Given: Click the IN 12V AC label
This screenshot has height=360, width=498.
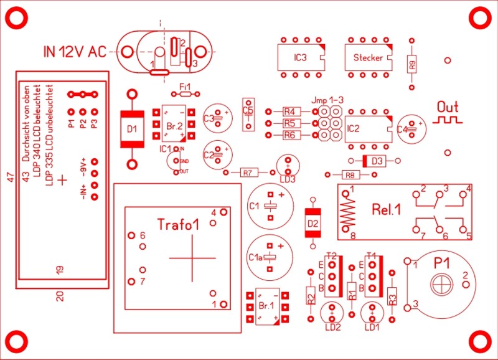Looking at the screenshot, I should point(74,52).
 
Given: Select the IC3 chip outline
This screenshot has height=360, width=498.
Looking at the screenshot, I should point(300,58).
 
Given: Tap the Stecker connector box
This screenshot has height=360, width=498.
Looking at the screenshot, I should point(368,58).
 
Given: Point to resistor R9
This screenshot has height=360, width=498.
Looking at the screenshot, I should point(411,63).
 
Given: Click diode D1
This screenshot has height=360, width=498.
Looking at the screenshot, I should point(131,130).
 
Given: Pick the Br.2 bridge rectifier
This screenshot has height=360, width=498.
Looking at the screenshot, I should point(174,125).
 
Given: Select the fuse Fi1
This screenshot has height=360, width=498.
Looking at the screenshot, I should point(184,94).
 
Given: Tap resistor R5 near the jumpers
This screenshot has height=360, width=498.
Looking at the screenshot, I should point(289,123).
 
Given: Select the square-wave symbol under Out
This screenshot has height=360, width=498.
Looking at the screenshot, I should point(448,118).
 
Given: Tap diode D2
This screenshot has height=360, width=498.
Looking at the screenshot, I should point(312,222).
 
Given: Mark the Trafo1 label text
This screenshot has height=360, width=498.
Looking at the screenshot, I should point(177,224).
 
